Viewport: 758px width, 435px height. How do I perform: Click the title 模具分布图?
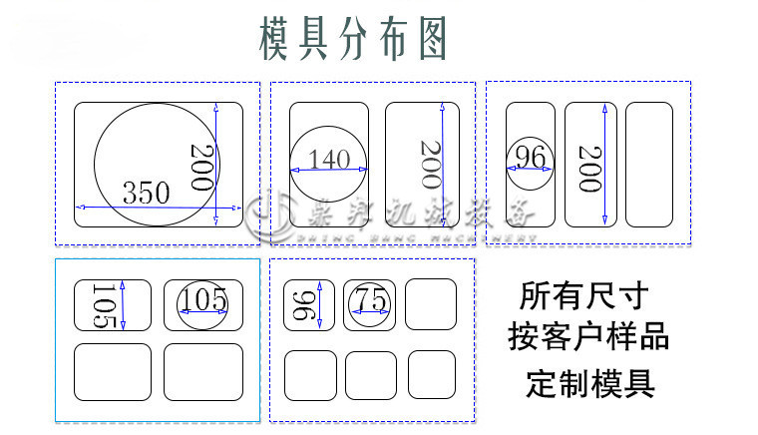[352, 40]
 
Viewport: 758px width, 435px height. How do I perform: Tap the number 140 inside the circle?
[329, 159]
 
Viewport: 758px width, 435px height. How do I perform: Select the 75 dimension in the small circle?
[370, 300]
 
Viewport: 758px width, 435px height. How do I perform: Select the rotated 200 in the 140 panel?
[429, 165]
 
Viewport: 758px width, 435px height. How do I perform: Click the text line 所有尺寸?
[584, 295]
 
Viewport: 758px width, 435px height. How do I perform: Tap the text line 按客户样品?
[587, 335]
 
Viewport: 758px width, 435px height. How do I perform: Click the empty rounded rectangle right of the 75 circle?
[432, 304]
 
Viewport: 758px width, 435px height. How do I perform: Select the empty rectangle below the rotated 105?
[113, 371]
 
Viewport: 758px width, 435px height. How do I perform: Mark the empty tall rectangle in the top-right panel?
[648, 165]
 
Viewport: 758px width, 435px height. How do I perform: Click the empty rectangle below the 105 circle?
[202, 371]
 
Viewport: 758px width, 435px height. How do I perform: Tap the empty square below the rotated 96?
[310, 375]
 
